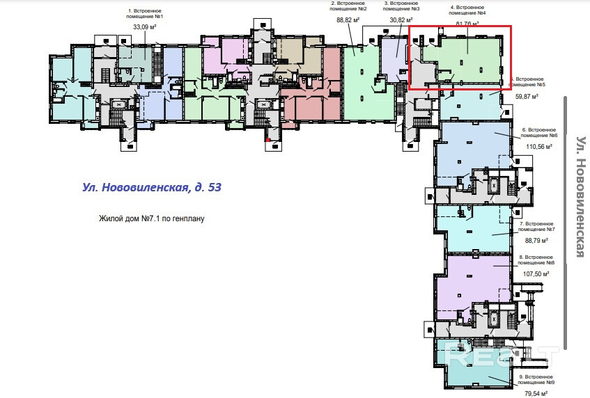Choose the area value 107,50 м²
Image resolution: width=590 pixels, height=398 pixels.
[535, 274]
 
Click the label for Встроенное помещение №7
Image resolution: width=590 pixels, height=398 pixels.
[536, 226]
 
